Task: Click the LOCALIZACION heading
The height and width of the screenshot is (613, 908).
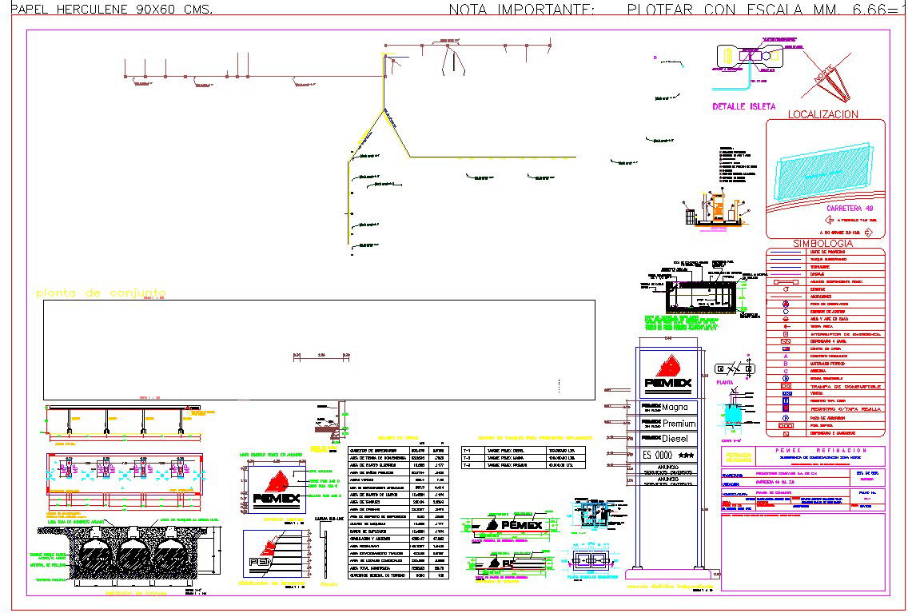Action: click(x=823, y=114)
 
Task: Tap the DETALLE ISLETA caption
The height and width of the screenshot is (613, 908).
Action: click(x=739, y=106)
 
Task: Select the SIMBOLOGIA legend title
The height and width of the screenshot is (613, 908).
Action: click(x=823, y=243)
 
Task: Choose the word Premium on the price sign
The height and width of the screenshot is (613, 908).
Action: click(x=679, y=423)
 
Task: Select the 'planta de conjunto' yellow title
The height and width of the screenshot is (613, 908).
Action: click(x=100, y=293)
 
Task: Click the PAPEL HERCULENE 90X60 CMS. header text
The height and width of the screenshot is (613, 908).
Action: click(x=107, y=10)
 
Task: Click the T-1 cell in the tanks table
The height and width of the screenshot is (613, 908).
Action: click(x=468, y=450)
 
